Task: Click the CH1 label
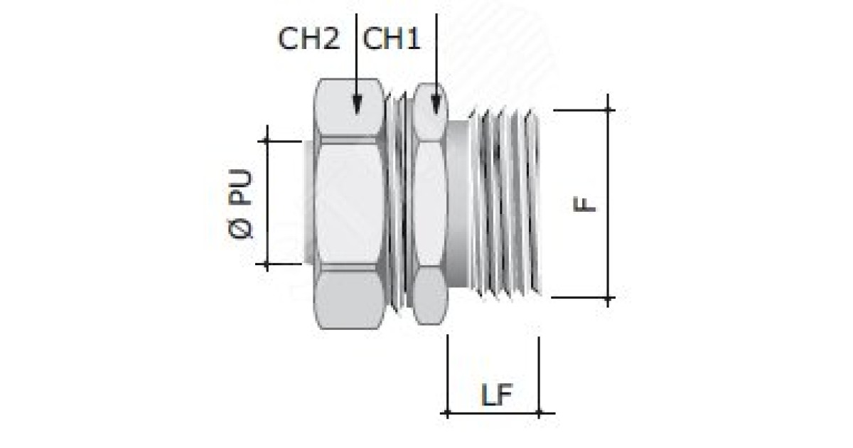392,40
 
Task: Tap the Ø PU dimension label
242,203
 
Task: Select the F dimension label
585,204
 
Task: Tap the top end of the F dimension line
608,110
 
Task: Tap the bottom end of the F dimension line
608,298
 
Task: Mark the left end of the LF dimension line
447,412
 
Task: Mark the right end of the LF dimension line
539,412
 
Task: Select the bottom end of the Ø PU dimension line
267,265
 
